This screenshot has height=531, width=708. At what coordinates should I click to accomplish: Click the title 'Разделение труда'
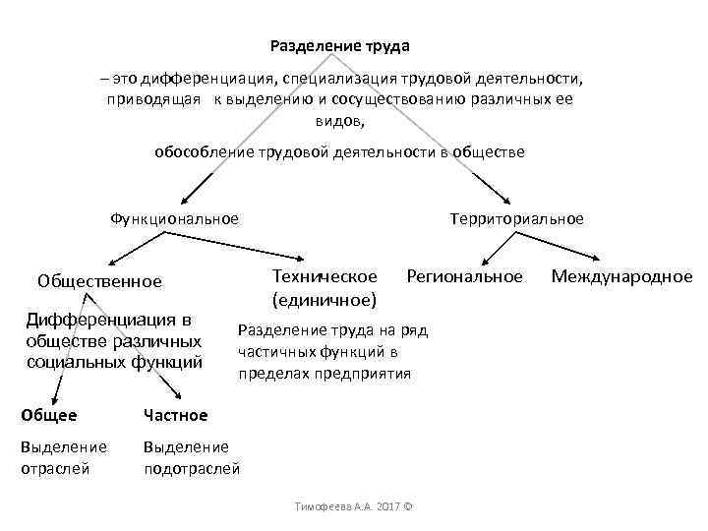point(339,46)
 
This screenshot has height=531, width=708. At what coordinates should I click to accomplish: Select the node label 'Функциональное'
point(175,218)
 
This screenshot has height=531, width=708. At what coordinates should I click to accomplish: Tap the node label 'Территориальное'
point(516,218)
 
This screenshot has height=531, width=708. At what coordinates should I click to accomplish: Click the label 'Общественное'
point(99,281)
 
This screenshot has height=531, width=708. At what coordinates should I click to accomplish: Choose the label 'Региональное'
point(464,276)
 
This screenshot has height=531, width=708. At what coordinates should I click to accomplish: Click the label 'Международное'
point(621,276)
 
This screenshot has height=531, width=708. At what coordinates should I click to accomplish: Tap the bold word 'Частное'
point(176,415)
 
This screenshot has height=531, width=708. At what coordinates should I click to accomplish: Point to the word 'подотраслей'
point(192,468)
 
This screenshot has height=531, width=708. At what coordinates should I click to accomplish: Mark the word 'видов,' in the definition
point(339,121)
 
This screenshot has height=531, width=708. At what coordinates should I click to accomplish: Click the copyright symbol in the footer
point(408,506)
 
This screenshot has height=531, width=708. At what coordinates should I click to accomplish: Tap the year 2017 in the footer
point(387,506)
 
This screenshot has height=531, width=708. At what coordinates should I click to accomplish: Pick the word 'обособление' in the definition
point(200,152)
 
